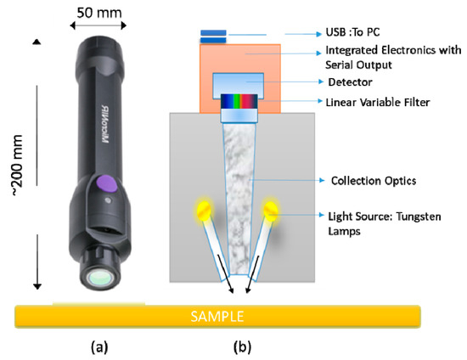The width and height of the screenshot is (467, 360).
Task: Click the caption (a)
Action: (x=98, y=346)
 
